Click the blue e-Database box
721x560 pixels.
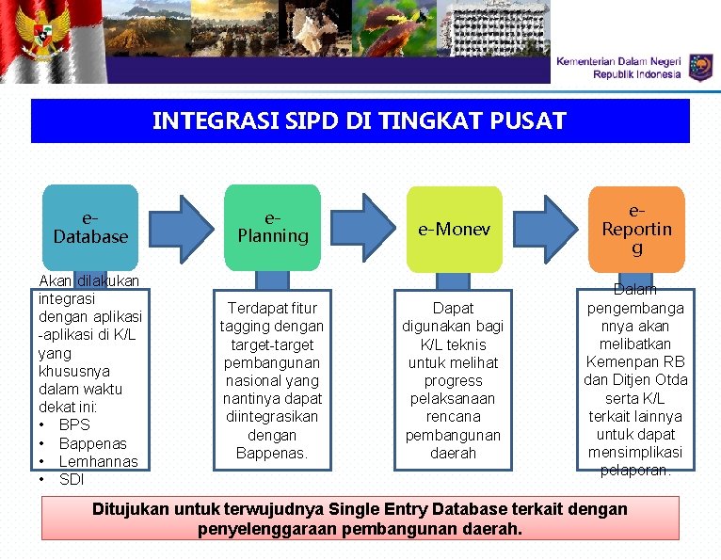tap(90, 227)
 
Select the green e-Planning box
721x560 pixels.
tap(273, 227)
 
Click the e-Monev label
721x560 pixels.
tap(454, 229)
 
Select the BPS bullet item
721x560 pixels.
tap(73, 424)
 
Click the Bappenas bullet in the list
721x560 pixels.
tap(92, 442)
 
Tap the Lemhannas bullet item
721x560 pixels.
tap(98, 461)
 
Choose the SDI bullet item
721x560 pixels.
tap(72, 479)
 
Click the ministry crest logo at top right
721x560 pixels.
tap(700, 67)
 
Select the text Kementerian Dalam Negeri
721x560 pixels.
tap(618, 61)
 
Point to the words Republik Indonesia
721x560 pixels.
tap(636, 74)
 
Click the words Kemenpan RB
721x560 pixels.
tap(635, 362)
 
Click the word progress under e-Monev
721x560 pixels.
tap(453, 381)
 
